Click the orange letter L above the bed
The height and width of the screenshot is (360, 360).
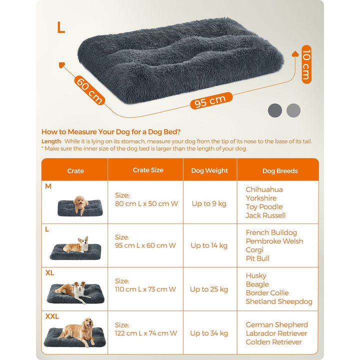(x=60, y=27)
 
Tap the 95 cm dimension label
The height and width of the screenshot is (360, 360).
(x=210, y=101)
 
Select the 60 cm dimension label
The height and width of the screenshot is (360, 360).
(x=89, y=90)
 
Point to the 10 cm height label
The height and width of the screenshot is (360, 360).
(x=306, y=64)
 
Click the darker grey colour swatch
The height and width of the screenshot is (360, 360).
(x=275, y=110)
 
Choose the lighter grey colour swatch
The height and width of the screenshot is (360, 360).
(x=293, y=110)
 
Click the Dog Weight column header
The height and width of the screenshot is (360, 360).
(x=209, y=170)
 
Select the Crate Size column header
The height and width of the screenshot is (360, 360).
(x=148, y=170)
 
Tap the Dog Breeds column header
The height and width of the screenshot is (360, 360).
(x=280, y=171)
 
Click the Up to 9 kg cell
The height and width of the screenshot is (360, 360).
(x=208, y=203)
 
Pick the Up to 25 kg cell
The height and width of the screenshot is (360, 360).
(x=208, y=289)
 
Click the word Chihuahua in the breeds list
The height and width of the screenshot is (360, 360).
(x=264, y=189)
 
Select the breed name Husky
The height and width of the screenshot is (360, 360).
(x=256, y=275)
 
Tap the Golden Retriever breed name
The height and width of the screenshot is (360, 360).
(x=273, y=342)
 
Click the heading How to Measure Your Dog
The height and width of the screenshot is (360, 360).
(x=111, y=132)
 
